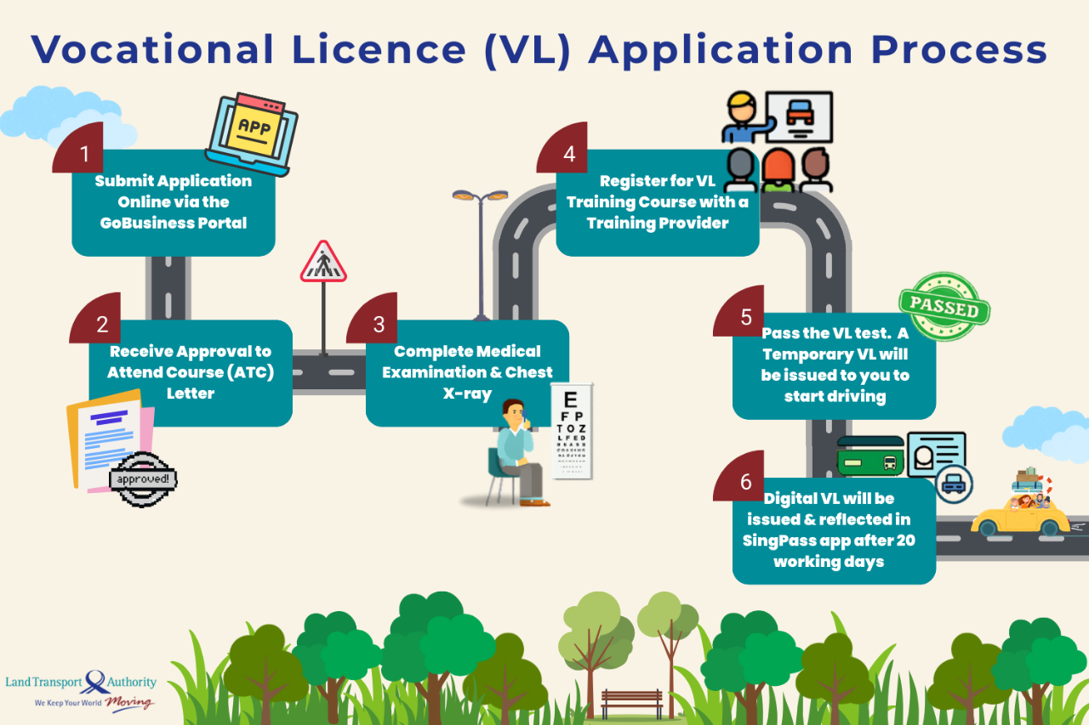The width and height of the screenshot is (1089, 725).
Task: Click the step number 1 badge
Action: tap(83, 154)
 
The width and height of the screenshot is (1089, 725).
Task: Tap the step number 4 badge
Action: tap(568, 154)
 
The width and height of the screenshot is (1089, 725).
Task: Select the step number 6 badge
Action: tap(745, 481)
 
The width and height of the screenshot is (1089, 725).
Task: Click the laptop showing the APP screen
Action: tap(251, 133)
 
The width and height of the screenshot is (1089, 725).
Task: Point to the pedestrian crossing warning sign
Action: tap(323, 263)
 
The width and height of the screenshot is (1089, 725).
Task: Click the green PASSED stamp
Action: tap(944, 307)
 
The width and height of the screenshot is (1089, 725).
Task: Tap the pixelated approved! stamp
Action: tap(143, 479)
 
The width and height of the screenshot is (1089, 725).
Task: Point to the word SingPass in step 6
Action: tap(776, 541)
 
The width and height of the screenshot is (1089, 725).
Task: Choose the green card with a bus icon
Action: tap(870, 456)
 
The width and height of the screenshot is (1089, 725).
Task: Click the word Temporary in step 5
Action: tap(800, 354)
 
